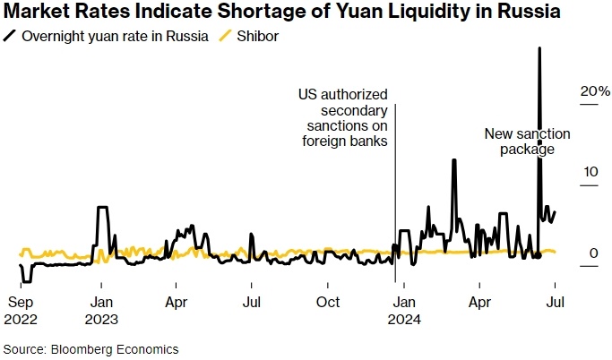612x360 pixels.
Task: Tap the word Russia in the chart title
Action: coord(529,13)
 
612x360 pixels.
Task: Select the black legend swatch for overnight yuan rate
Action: coord(11,36)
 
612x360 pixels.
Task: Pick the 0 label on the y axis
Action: coord(593,254)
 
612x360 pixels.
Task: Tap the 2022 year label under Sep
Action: coord(22,317)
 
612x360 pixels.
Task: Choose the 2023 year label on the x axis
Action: coord(101,317)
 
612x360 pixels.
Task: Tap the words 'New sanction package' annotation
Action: coord(521,141)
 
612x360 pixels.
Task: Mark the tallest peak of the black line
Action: coord(539,49)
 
